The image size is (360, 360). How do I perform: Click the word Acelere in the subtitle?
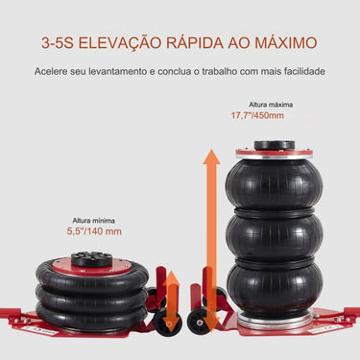(x=51, y=72)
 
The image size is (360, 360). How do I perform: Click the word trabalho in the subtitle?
(x=215, y=72)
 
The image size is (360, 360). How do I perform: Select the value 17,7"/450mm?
(x=256, y=115)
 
